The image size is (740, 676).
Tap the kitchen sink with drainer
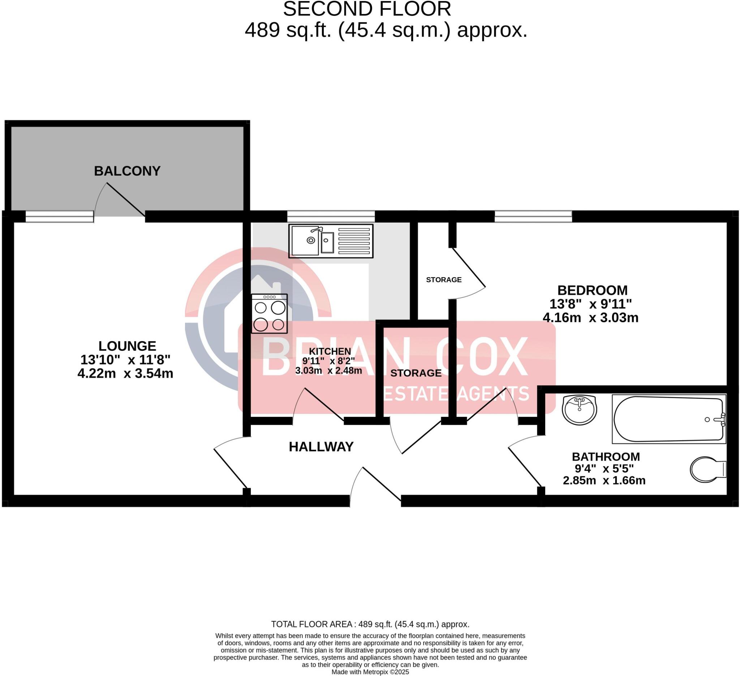330,241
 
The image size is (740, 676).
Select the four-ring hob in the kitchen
269,313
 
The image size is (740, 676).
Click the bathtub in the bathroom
669,419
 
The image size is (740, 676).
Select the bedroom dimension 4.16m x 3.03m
590,318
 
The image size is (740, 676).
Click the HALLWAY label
321,447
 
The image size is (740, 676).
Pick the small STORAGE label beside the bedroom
443,280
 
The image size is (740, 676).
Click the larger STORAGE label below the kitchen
416,373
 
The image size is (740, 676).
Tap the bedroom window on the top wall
533,216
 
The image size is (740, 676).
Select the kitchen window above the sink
330,216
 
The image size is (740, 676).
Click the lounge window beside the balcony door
60,217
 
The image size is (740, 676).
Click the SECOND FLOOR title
367,9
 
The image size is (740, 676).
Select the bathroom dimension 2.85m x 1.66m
604,481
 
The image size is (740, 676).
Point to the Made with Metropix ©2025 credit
370,672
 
